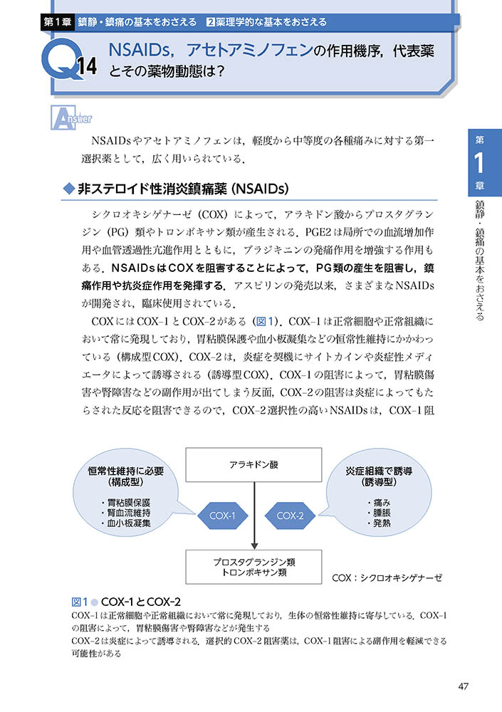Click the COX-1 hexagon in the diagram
[223, 515]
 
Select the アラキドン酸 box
[254, 464]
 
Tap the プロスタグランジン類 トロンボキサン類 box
[254, 567]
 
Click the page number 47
[463, 686]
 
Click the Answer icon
[70, 117]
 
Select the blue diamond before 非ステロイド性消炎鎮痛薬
[69, 189]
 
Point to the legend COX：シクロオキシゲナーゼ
[387, 578]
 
